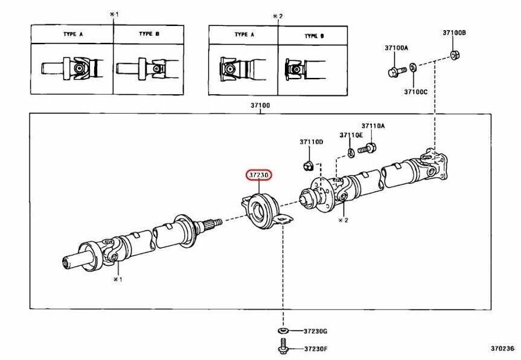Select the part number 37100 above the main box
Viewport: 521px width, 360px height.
(260, 106)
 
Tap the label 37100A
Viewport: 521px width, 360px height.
(396, 47)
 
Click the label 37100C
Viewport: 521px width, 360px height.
(415, 92)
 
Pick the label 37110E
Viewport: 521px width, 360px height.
(351, 135)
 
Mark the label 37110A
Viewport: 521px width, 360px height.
(373, 126)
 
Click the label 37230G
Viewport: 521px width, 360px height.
(315, 331)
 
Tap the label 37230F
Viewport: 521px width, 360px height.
(315, 349)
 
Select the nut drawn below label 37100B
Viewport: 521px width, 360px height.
(453, 56)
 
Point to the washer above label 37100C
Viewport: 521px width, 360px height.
(412, 68)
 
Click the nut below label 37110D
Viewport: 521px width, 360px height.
(306, 164)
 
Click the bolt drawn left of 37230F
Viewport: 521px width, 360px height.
(283, 347)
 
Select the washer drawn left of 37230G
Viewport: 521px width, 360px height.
(283, 331)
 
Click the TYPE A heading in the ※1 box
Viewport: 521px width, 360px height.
(72, 34)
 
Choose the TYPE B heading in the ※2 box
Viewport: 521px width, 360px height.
(312, 36)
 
